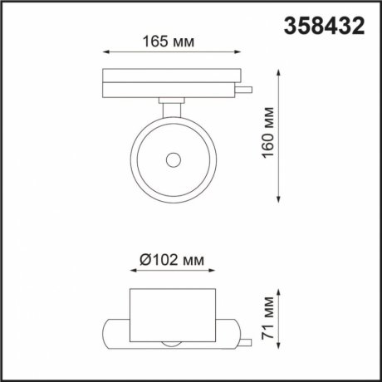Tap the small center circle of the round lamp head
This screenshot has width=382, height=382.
pyautogui.click(x=174, y=159)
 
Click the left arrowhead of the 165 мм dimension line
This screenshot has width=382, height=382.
pyautogui.click(x=105, y=52)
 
